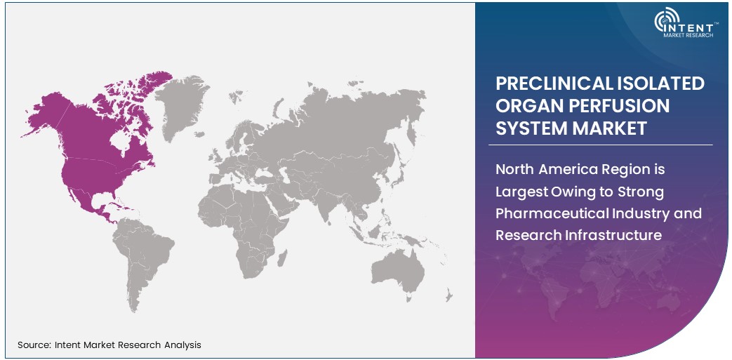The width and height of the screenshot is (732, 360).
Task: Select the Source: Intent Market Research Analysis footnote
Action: tap(109, 345)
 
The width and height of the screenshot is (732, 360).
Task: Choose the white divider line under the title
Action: tap(604, 145)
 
